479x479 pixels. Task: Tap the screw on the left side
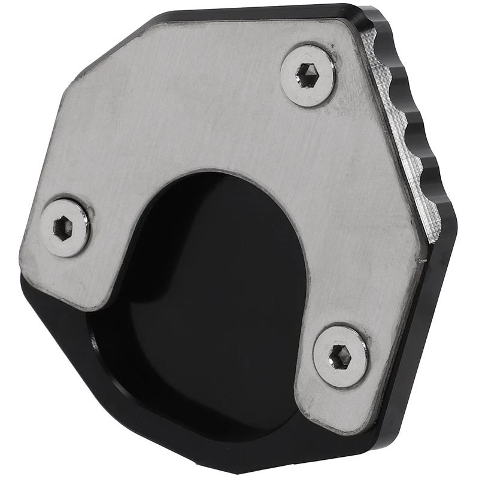coord(65,227)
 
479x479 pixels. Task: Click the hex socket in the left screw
coord(63,227)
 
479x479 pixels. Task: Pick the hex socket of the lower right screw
coord(341,356)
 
